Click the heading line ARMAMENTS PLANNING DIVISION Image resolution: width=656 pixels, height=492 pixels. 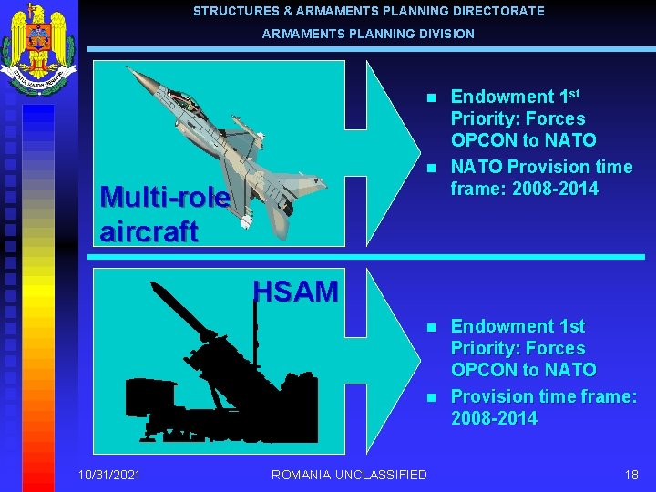(368, 34)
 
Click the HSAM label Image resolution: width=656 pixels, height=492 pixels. (295, 292)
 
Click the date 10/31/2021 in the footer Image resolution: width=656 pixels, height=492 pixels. (109, 474)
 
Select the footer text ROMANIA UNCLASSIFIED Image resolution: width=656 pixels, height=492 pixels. (349, 474)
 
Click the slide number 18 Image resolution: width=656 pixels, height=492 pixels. (631, 474)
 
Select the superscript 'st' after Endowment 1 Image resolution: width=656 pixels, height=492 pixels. (574, 92)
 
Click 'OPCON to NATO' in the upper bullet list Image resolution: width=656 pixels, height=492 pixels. (523, 140)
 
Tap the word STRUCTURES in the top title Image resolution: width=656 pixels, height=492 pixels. (233, 11)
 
